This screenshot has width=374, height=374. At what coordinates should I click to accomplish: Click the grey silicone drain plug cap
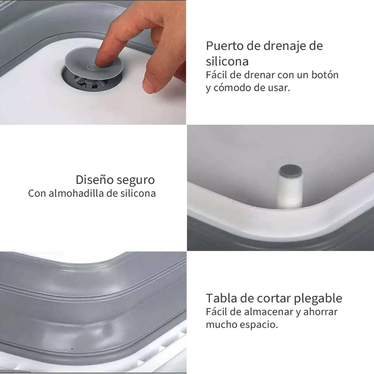click(x=78, y=62)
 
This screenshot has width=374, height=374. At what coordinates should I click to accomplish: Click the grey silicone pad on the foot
click(x=290, y=172)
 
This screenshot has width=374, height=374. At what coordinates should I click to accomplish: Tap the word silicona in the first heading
click(x=227, y=62)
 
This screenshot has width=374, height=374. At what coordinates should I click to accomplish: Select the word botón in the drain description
click(x=325, y=75)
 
